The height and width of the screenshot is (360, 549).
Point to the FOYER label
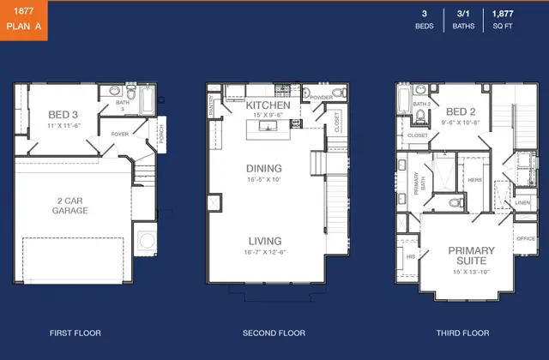(x=120, y=135)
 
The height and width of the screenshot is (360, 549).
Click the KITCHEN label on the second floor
(x=268, y=105)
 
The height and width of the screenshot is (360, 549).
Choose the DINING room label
(x=263, y=169)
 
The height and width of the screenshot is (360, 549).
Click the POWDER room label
(x=322, y=98)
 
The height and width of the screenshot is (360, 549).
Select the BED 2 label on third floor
(x=461, y=111)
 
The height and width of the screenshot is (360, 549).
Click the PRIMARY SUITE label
(x=472, y=255)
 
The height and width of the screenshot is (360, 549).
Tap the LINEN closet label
(x=522, y=202)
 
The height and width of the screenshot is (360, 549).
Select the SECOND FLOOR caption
(x=274, y=333)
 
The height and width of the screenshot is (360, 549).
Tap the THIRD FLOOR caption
(x=463, y=333)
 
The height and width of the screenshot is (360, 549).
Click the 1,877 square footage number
(x=503, y=15)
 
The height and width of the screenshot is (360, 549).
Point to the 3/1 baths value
(x=463, y=15)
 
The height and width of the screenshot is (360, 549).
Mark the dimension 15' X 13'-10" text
(x=472, y=273)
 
